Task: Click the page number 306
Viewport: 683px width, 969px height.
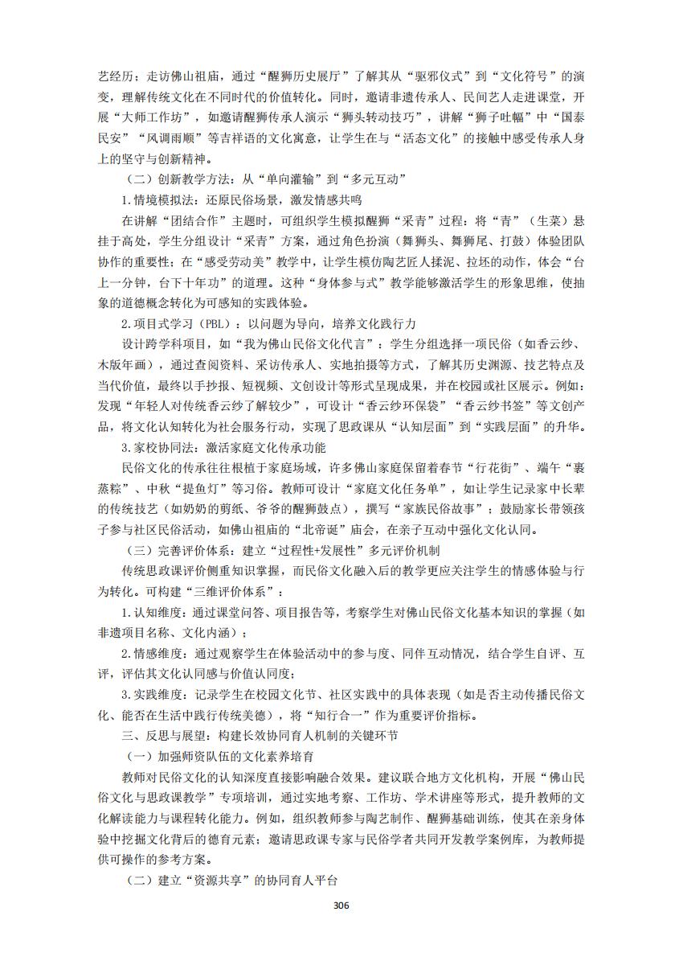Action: pyautogui.click(x=341, y=905)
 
